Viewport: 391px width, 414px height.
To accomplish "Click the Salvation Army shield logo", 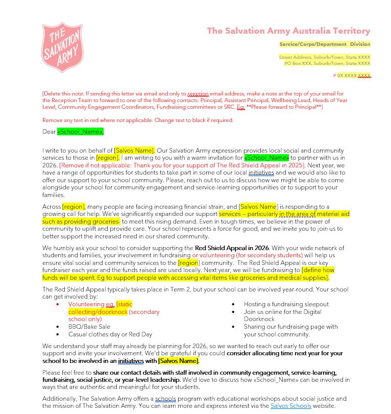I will coord(62,47).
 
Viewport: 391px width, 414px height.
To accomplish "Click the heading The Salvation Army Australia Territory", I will coord(288,31).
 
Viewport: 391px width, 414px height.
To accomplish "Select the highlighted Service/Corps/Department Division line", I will coord(325,44).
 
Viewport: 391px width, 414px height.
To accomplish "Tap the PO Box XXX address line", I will coord(327,63).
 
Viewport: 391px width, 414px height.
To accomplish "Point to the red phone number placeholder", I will coord(352,76).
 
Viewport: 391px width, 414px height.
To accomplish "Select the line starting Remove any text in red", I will coord(138,120).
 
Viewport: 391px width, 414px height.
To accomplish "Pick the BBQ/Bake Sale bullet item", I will coord(89,327).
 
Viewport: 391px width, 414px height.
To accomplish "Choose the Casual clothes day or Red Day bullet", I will coord(110,334).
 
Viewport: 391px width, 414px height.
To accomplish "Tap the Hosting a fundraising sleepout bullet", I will coord(286,304).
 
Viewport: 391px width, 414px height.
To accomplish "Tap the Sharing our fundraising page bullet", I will coord(290,327).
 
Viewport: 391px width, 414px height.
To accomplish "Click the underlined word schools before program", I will coord(165,399).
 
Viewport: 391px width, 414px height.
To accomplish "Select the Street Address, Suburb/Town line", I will coord(325,57).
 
